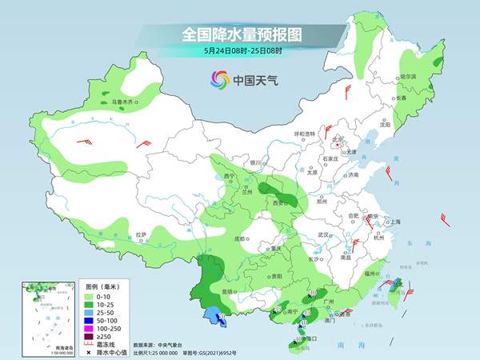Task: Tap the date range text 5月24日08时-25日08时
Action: point(239,51)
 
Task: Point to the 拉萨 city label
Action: point(142,234)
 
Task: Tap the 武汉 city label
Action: point(324,234)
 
